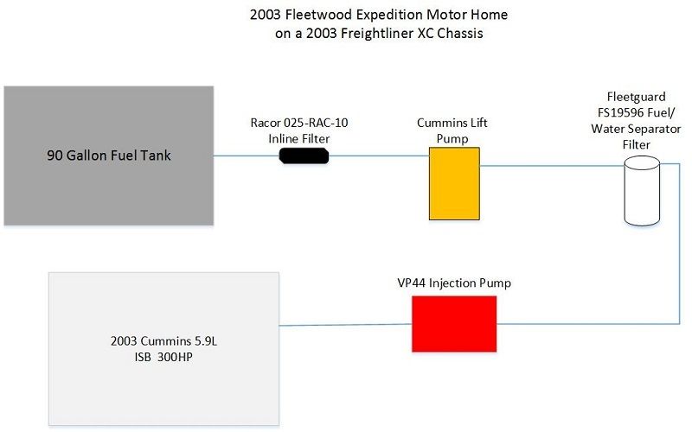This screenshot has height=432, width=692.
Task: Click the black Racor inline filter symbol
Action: coord(304,156)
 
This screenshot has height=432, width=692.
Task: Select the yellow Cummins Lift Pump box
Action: coord(454,183)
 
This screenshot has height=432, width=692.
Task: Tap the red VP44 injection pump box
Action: coord(454,324)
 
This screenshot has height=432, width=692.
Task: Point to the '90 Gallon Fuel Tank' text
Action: coord(109,156)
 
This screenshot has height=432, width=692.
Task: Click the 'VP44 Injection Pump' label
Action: coord(454,283)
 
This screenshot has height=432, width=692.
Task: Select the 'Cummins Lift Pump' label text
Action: coord(452,130)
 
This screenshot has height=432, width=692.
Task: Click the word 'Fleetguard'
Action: coord(636,97)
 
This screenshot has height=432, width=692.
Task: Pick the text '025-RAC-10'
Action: coord(316,123)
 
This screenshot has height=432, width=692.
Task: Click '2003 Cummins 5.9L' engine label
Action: coord(163,340)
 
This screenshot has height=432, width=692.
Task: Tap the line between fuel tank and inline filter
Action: coord(247,156)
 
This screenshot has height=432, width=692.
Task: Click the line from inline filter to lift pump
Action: coord(379,156)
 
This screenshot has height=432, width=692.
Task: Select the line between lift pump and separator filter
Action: coord(552,166)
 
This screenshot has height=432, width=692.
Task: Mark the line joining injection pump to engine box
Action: coord(345,325)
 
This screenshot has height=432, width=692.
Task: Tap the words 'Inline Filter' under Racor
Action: coord(299,139)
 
